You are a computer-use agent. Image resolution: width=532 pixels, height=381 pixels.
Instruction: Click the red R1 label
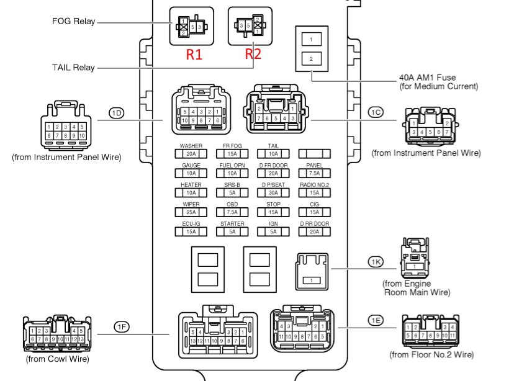tap(194, 54)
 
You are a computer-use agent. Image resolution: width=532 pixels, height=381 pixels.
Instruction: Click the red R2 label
tap(253, 54)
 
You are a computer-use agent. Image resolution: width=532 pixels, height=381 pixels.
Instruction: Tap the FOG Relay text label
tap(74, 21)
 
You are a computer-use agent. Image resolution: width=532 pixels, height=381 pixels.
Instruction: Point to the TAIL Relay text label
tap(74, 67)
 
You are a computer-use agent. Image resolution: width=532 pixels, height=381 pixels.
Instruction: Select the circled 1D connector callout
tap(117, 112)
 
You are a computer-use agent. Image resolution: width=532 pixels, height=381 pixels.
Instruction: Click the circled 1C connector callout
tap(376, 112)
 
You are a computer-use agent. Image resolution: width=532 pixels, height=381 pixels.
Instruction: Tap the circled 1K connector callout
tap(376, 262)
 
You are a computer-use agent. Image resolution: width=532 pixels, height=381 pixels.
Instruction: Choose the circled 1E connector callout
tap(375, 320)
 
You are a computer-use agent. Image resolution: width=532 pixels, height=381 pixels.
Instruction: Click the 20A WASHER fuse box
tap(191, 154)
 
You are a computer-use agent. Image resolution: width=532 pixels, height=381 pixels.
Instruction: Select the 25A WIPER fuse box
tap(191, 212)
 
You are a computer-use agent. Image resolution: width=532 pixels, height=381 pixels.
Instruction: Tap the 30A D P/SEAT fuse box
tap(273, 193)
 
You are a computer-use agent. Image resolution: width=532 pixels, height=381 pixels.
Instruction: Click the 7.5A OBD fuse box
tap(232, 212)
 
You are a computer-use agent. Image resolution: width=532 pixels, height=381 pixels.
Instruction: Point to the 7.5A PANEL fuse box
tap(314, 173)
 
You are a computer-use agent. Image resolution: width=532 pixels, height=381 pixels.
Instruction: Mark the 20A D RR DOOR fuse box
tap(314, 231)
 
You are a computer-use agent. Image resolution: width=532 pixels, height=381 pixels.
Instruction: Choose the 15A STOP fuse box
tap(273, 212)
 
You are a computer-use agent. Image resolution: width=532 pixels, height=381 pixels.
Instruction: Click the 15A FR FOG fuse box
tap(232, 154)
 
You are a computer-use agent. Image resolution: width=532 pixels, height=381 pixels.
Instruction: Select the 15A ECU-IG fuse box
tap(191, 231)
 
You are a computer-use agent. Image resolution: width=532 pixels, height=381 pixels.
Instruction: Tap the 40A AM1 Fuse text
tap(427, 78)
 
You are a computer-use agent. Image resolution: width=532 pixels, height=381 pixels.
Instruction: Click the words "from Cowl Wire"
tap(57, 359)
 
